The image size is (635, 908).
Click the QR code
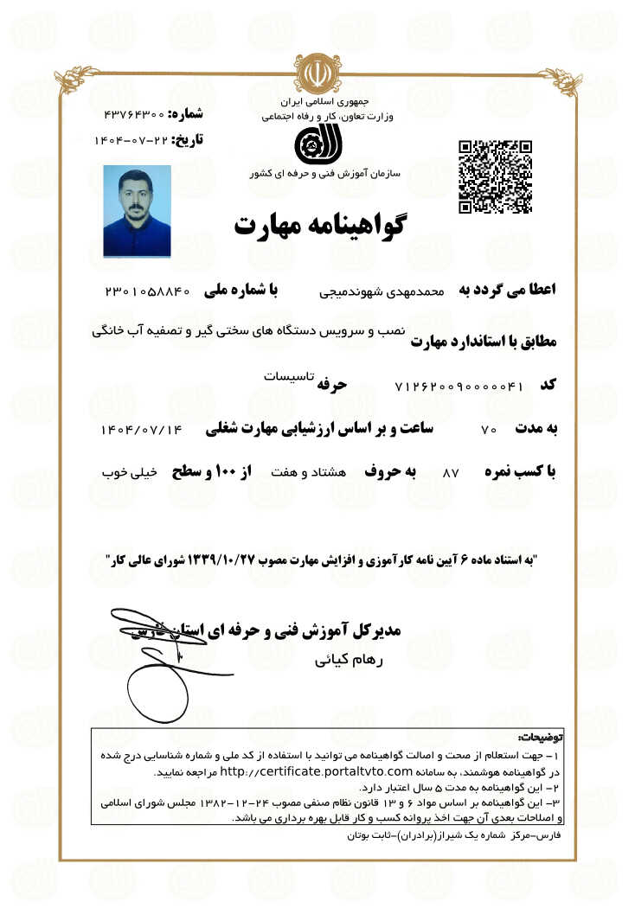(x=495, y=176)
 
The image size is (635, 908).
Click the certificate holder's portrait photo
(x=137, y=211)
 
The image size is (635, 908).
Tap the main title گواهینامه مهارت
(x=320, y=225)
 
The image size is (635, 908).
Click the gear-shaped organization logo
(x=311, y=144)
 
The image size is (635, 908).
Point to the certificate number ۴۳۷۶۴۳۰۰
(x=133, y=114)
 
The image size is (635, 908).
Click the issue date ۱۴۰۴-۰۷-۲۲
(x=131, y=139)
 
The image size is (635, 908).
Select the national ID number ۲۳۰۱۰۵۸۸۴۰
(x=147, y=291)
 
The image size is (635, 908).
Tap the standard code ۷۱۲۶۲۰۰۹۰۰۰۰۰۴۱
(x=459, y=386)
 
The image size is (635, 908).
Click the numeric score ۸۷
(x=450, y=474)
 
